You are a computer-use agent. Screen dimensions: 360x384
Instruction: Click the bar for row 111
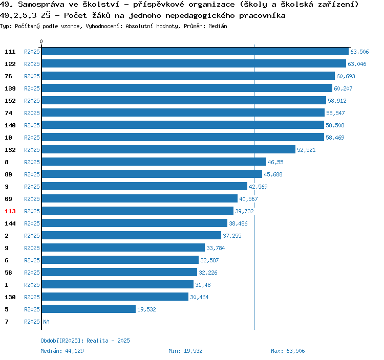point(195,52)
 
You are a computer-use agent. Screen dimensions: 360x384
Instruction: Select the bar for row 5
point(89,309)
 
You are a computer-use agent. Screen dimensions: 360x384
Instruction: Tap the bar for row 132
point(168,150)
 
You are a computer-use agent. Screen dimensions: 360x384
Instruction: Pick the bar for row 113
point(137,211)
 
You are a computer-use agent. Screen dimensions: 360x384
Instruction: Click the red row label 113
point(10,211)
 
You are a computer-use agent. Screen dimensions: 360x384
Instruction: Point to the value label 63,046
point(357,64)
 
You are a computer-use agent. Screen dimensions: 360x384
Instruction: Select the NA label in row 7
point(46,322)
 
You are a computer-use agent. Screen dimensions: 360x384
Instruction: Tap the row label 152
point(10,101)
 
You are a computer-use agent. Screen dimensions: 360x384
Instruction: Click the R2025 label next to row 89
point(32,174)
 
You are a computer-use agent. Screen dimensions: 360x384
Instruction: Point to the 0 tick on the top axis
point(41,41)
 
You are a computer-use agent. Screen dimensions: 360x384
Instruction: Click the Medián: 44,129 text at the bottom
point(62,351)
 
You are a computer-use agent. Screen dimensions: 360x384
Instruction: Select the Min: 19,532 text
point(185,351)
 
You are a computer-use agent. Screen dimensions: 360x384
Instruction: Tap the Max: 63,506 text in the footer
point(288,351)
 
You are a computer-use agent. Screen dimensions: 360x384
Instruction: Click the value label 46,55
point(275,162)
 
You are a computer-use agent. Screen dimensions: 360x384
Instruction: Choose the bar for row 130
point(115,297)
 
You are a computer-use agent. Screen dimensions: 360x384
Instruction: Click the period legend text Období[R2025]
point(62,341)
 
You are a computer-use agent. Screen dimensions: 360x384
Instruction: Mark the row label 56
point(8,273)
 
